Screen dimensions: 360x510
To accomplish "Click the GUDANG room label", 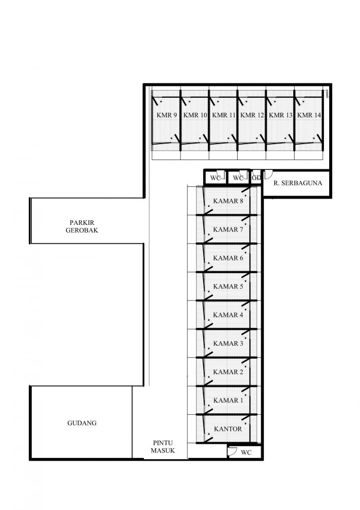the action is tap(82, 423).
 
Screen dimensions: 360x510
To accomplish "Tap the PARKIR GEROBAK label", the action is tap(82, 226).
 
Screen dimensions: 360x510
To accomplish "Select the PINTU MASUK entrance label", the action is tap(163, 447).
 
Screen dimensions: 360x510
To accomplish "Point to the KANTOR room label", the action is tap(228, 429).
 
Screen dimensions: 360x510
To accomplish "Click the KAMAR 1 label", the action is tap(228, 400).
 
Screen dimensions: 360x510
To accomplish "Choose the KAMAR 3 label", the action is tap(228, 343).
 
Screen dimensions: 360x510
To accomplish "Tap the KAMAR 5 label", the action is tap(228, 287).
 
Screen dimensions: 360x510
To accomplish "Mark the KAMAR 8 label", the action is tap(228, 201).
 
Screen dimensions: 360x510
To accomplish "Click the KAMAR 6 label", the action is tap(228, 258).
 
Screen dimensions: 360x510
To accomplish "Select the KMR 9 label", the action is tap(167, 115).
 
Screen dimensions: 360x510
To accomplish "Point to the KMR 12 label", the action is tap(252, 115).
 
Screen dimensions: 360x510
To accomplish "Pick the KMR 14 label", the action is tap(309, 115).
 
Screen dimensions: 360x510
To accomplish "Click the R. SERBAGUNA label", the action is tap(298, 183).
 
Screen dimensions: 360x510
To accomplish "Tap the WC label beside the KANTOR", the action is tap(246, 452).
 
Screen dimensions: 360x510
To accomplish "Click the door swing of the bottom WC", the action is tap(232, 451).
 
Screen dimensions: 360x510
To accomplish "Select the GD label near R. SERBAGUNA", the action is tap(256, 178).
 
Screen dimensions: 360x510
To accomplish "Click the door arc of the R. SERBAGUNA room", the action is tap(268, 175).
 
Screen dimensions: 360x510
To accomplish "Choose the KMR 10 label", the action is tap(195, 115).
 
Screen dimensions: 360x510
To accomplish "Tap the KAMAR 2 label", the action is tap(228, 372).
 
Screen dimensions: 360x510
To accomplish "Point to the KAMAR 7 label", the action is tap(228, 230).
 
